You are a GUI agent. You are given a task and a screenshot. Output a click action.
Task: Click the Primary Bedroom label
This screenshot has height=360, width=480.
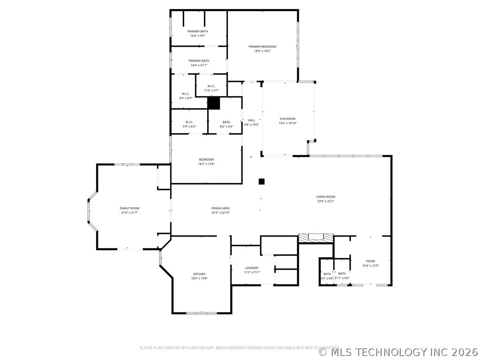click(262, 46)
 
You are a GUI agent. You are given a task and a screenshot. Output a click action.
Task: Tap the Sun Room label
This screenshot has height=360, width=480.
click(288, 118)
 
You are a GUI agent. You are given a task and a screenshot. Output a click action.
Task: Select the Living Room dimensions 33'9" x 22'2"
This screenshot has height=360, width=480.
click(326, 201)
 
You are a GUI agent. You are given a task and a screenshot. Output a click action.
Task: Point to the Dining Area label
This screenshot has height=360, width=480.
click(220, 208)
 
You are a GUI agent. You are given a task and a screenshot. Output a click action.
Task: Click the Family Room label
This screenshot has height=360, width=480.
click(130, 208)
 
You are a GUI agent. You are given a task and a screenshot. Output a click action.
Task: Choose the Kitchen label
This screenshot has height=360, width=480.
click(198, 274)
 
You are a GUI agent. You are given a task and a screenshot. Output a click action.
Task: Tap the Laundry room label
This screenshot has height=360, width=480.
click(252, 268)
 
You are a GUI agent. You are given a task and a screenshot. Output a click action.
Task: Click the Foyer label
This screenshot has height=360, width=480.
click(370, 261)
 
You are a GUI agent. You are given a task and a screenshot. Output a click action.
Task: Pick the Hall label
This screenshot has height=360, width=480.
click(251, 120)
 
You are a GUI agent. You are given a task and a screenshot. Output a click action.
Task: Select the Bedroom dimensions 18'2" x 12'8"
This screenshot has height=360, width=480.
click(206, 164)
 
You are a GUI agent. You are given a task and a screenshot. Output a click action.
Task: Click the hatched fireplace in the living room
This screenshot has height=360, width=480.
click(316, 238)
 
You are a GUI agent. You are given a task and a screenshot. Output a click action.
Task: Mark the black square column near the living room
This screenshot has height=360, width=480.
click(262, 182)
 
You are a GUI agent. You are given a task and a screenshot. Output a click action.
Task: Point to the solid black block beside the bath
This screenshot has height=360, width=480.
click(214, 103)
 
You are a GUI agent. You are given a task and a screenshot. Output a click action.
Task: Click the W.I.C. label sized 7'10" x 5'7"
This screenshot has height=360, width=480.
click(211, 86)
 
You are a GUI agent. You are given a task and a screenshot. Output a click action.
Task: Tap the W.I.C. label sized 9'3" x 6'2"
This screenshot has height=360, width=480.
click(189, 122)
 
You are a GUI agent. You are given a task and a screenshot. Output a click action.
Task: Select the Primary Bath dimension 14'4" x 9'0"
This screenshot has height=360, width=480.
click(198, 36)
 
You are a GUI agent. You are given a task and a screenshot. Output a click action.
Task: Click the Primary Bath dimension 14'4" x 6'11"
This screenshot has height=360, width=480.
click(199, 65)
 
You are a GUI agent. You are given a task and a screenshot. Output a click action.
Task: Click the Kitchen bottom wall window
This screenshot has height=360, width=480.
click(202, 313)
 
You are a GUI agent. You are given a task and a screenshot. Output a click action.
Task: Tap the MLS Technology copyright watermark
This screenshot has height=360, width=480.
click(398, 352)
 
